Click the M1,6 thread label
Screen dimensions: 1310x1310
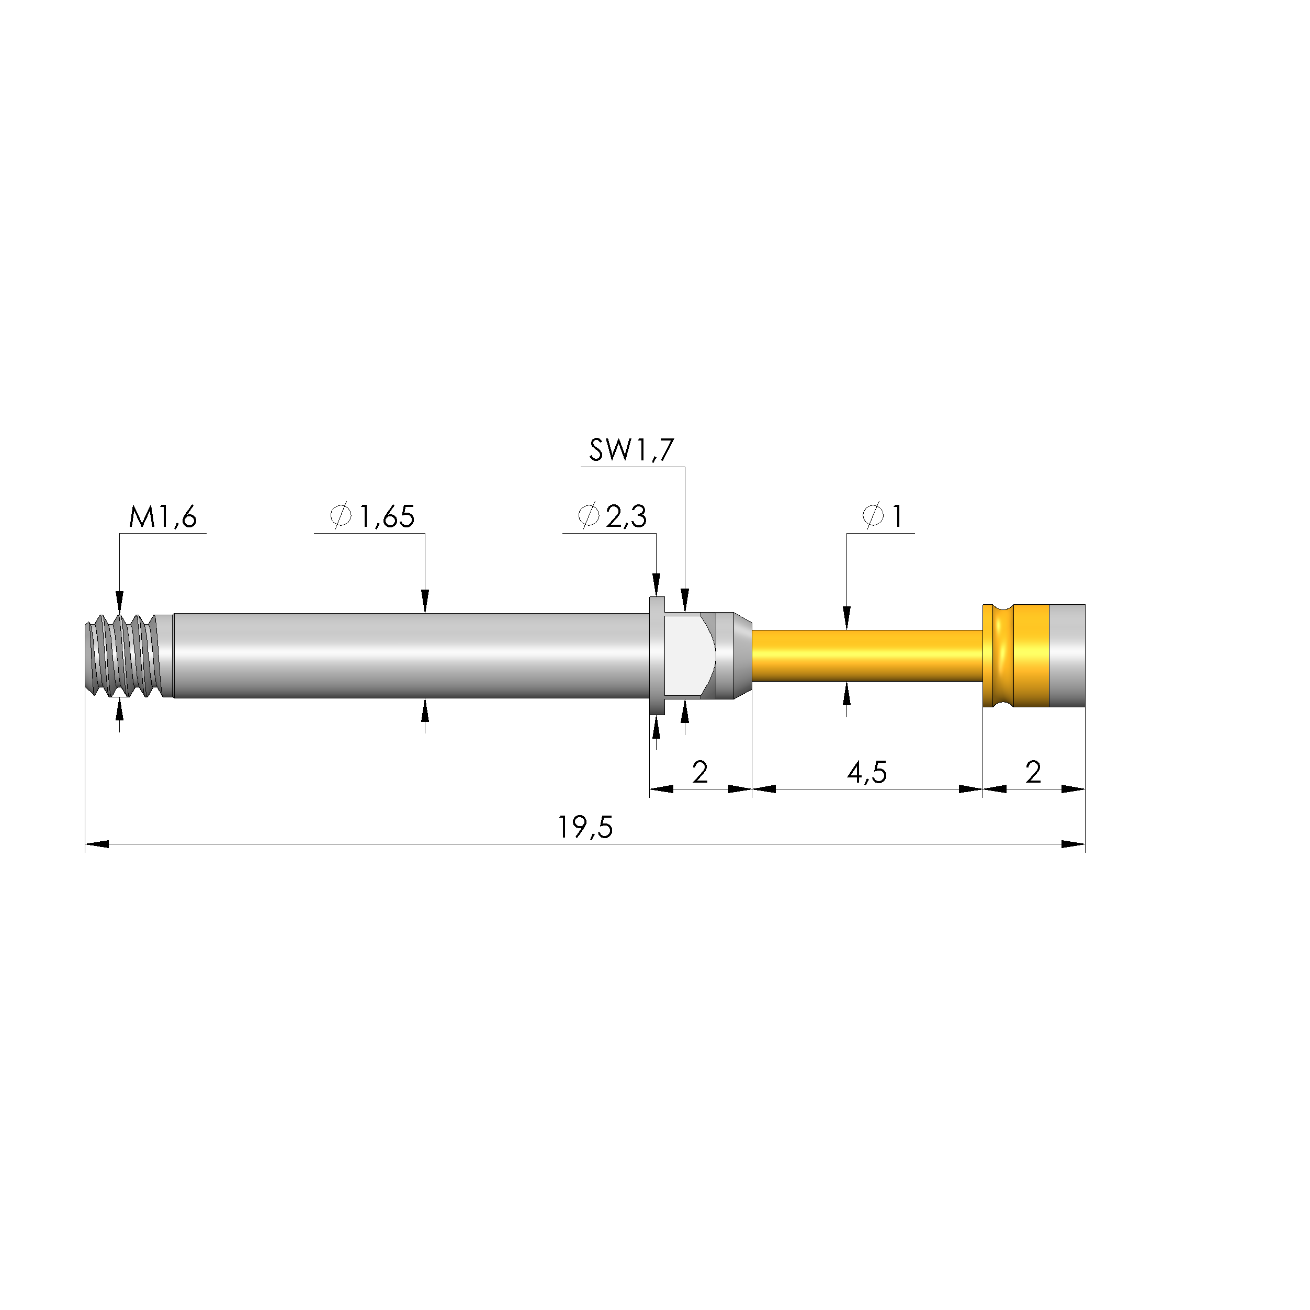[163, 517]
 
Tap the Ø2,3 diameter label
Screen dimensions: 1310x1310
[612, 517]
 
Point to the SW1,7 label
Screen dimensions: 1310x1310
[631, 450]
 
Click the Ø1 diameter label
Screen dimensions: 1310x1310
[882, 517]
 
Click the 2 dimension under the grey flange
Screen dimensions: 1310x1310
[700, 772]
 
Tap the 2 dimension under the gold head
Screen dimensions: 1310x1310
[1033, 772]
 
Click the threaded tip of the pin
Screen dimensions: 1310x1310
[122, 656]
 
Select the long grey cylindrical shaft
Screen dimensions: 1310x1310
[407, 656]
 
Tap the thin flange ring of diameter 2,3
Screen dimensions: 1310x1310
[657, 656]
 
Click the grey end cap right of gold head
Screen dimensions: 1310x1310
[1067, 656]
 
